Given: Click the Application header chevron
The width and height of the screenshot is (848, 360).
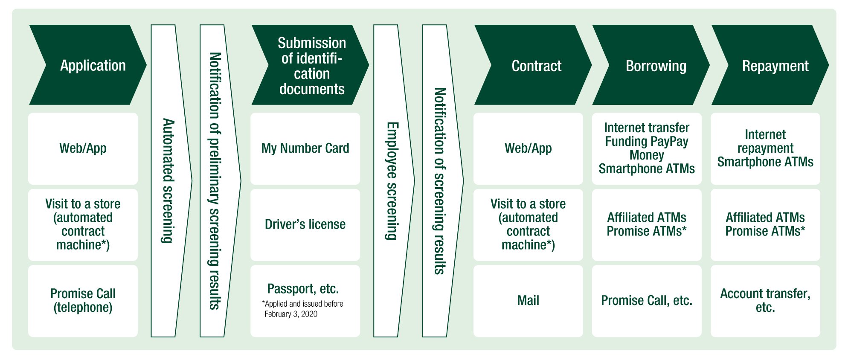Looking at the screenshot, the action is [88, 65].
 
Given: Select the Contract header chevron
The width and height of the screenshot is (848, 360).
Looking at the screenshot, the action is [533, 65].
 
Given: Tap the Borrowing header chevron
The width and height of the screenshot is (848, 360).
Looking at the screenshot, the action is [651, 65].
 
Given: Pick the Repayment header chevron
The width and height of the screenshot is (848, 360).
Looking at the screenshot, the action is [770, 65].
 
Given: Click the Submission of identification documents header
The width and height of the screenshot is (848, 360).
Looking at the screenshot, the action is [311, 65].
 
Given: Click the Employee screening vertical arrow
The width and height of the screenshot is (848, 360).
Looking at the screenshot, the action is [393, 181].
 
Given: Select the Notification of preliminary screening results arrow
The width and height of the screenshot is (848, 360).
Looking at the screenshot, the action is [220, 181].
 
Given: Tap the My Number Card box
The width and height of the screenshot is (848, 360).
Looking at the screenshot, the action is [305, 148].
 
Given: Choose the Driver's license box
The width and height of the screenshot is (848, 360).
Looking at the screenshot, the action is [305, 225].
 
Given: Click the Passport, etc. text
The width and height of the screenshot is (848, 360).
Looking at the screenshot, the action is [303, 289].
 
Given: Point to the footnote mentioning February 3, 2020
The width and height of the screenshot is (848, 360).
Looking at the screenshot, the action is [302, 309].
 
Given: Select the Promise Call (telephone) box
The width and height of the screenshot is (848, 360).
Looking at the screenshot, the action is [83, 301].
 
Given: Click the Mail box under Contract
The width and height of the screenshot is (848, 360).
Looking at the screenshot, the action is [528, 301].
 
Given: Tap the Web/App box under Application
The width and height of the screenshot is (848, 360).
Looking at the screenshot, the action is [83, 148].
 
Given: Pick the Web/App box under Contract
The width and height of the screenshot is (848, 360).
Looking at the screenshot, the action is [528, 148].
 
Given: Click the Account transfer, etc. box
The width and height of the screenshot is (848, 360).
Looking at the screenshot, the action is [765, 301].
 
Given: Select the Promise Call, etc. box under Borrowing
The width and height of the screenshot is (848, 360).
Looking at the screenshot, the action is [647, 301].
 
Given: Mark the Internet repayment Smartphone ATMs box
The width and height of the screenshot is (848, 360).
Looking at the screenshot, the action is [765, 148].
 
